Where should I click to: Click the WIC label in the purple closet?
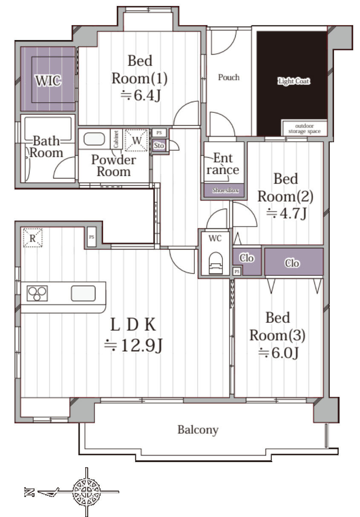pos(48,80)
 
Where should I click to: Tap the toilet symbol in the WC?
pos(216,263)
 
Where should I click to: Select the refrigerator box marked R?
pos(32,238)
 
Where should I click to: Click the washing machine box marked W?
pos(136,141)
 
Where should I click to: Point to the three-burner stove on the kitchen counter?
pos(37,293)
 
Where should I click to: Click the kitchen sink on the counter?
pos(83,293)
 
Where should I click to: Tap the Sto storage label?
pos(159,146)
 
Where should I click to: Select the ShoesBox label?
pos(225,190)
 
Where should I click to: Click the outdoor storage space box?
pos(304,128)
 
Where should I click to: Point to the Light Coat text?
pos(294,81)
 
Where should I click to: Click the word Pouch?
pos(229,78)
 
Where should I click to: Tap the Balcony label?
pos(198,429)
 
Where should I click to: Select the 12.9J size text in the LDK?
pos(134,345)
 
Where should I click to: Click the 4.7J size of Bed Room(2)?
pos(286,213)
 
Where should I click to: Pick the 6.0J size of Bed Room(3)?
pos(278,353)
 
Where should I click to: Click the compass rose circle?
pos(86,491)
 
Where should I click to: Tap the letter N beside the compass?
pos(29,492)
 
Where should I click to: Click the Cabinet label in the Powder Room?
pos(116,139)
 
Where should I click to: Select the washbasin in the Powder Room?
pos(94,139)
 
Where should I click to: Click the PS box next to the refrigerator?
pos(92,237)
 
